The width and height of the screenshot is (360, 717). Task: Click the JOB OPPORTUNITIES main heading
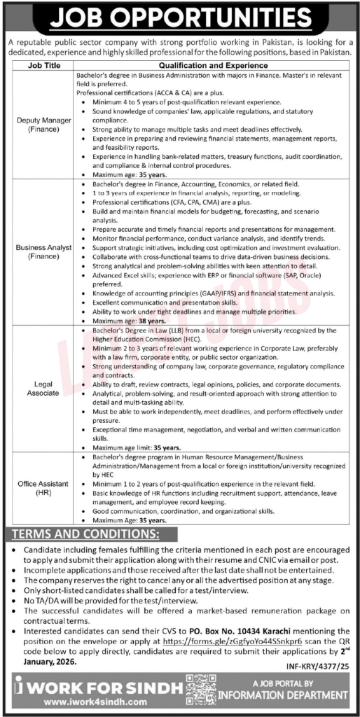179,16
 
